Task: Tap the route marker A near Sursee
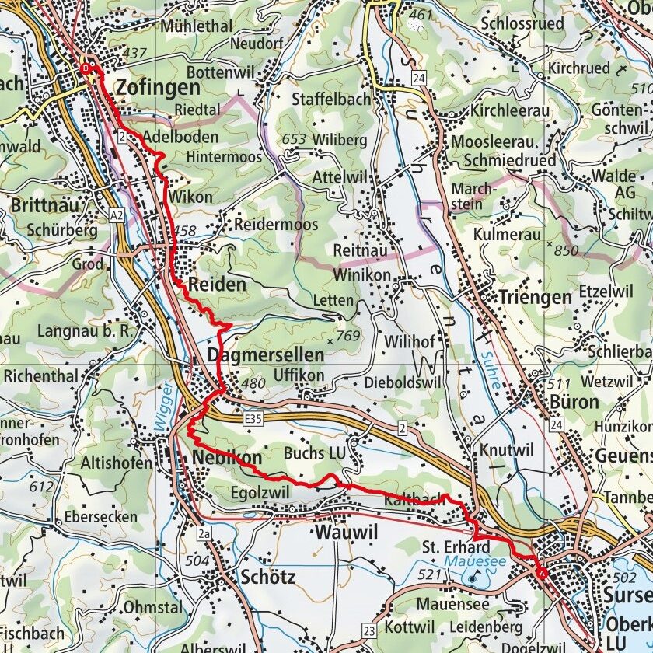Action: pos(541,573)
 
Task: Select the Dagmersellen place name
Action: pos(266,356)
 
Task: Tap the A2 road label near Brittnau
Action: pos(117,214)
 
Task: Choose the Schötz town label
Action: pos(267,577)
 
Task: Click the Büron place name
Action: pos(575,402)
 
